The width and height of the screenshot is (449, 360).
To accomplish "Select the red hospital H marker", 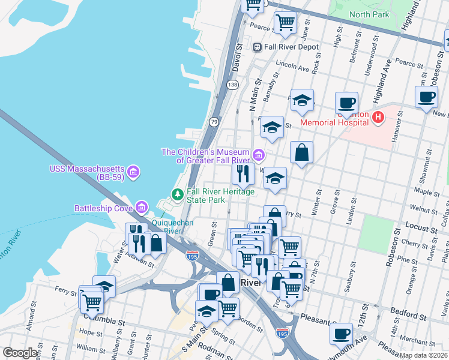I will [x=378, y=118].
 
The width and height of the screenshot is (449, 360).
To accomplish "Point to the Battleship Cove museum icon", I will [x=142, y=208].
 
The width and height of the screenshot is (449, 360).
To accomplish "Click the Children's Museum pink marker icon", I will [x=258, y=156].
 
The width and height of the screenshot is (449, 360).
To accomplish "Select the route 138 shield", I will [x=232, y=85].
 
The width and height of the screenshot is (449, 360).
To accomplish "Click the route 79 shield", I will [x=214, y=122].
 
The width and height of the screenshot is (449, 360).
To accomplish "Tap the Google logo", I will [x=20, y=353].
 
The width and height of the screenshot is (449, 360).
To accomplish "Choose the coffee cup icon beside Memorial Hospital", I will [x=346, y=103].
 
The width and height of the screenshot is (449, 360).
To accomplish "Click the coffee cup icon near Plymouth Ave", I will [x=342, y=333].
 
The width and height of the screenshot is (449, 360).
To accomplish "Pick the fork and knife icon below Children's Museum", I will [x=243, y=174].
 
